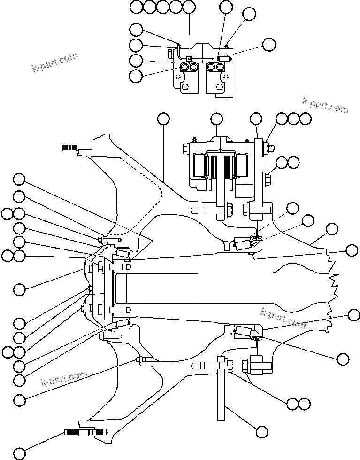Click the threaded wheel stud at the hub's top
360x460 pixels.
coord(69,148)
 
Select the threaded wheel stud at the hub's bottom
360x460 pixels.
coord(80,432)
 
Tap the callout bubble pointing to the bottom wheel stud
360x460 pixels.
coord(19,453)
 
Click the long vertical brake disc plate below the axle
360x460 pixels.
coord(222,390)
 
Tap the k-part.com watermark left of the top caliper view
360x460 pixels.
coord(55,63)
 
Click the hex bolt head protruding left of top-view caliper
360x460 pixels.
coord(171,50)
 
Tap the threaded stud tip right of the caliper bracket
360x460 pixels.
coord(272,148)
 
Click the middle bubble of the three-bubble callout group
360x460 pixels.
coord(293,118)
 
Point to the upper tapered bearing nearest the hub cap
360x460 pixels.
coord(123,254)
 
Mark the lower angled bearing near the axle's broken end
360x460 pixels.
coord(244,331)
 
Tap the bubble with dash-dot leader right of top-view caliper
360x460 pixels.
coord(269,45)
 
